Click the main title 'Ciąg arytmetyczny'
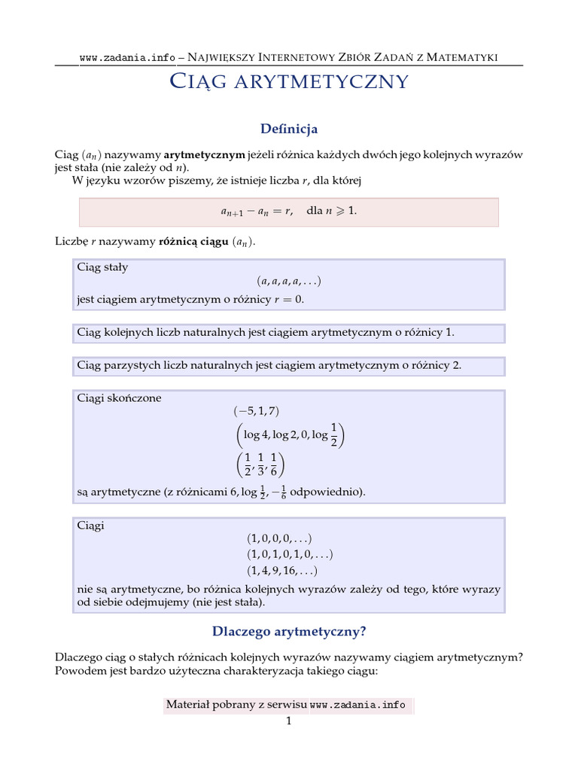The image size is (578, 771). (289, 81)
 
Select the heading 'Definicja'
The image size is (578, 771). (289, 129)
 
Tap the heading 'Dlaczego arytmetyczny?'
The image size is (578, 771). (289, 630)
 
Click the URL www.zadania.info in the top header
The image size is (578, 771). (127, 58)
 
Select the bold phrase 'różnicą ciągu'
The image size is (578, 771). (187, 242)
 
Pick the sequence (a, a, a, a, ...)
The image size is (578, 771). (289, 281)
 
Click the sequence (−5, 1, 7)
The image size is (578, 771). (257, 411)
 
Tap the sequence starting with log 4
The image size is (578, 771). (289, 435)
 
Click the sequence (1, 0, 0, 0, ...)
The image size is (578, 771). (279, 538)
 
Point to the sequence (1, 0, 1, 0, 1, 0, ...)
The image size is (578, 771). (289, 554)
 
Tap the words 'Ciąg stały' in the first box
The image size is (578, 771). (102, 267)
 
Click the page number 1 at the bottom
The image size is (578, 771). (287, 721)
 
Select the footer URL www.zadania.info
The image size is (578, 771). (357, 705)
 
